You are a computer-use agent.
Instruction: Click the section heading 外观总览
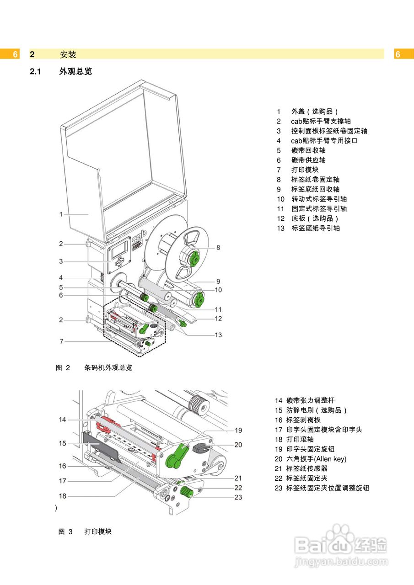pyautogui.click(x=75, y=71)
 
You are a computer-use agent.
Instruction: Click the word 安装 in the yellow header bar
pyautogui.click(x=68, y=54)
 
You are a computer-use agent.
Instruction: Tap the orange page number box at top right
pyautogui.click(x=398, y=54)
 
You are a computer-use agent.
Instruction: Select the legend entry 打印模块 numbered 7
pyautogui.click(x=305, y=170)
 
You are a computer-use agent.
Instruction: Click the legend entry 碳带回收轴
pyautogui.click(x=308, y=150)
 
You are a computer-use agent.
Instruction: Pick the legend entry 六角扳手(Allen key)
pyautogui.click(x=316, y=459)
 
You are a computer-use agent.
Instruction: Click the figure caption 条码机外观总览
pyautogui.click(x=108, y=367)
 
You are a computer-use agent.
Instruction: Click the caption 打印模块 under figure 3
pyautogui.click(x=98, y=532)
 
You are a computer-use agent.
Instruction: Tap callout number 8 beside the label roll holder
pyautogui.click(x=218, y=248)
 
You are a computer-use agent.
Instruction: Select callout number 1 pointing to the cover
pyautogui.click(x=60, y=214)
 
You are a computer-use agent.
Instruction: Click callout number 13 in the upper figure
pyautogui.click(x=218, y=335)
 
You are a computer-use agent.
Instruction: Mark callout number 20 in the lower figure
pyautogui.click(x=238, y=445)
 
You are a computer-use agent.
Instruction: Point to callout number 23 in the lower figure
pyautogui.click(x=238, y=497)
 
